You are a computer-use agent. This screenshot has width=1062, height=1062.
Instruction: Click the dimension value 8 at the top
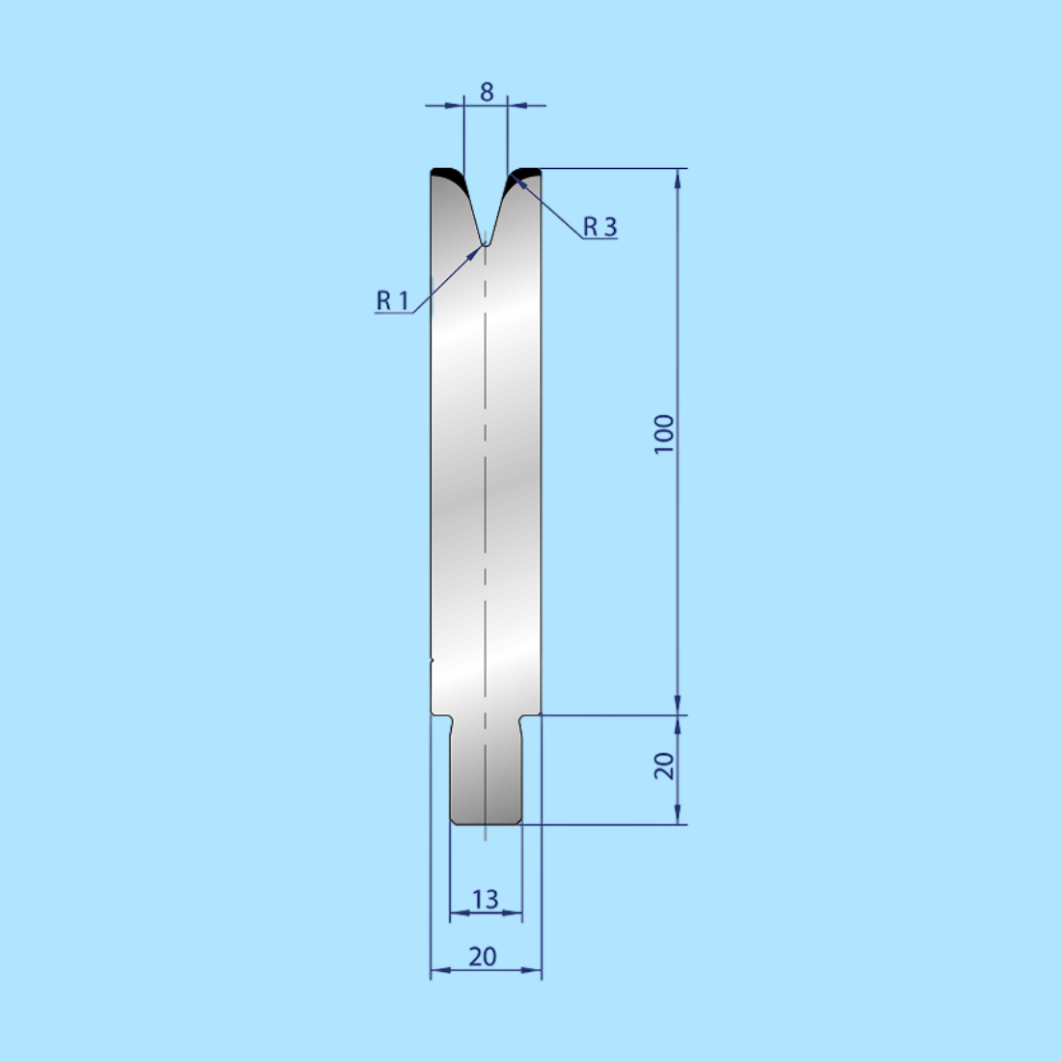point(487,92)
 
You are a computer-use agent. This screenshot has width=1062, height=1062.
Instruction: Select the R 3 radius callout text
point(600,227)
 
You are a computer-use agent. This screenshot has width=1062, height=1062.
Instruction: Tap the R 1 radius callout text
point(392,301)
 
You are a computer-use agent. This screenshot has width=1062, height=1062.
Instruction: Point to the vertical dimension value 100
point(664,434)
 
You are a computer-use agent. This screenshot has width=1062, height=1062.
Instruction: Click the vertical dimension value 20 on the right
point(664,767)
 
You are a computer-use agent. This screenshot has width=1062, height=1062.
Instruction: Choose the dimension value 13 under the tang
point(485,899)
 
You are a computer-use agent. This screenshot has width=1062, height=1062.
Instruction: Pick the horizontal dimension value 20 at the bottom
point(483,956)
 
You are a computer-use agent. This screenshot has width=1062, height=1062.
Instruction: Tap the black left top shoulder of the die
point(447,175)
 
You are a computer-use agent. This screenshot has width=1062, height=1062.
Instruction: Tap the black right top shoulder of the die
point(526,174)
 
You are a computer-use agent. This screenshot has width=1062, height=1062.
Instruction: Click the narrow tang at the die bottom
point(486,772)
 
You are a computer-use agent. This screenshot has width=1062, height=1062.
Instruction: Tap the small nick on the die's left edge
point(432,660)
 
